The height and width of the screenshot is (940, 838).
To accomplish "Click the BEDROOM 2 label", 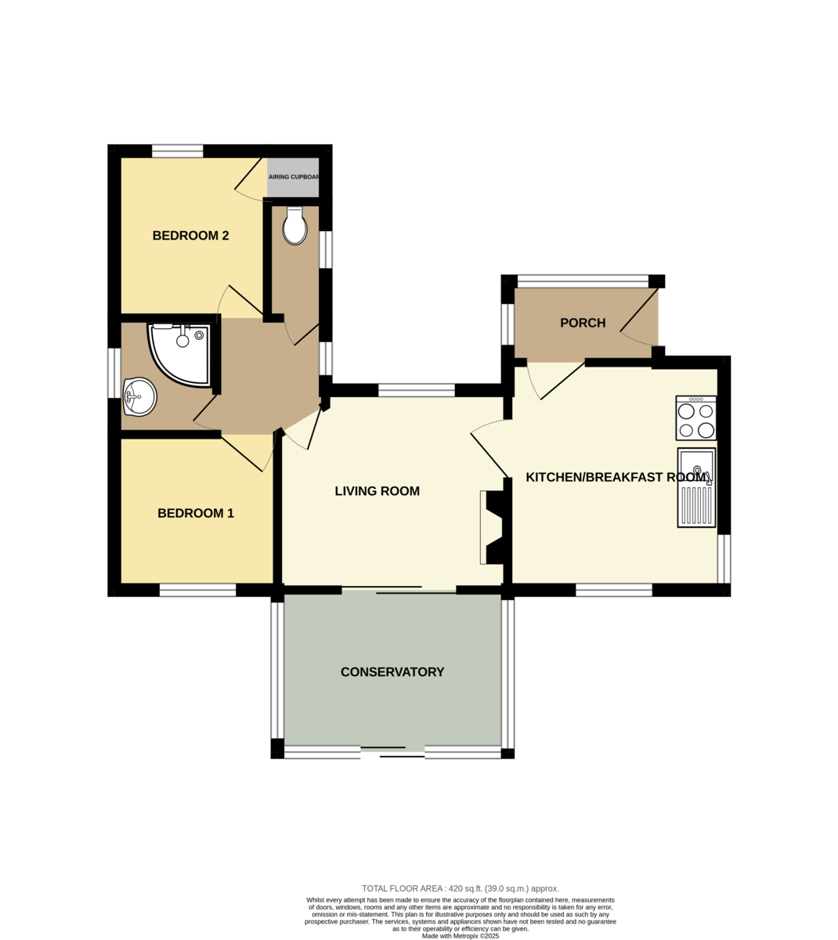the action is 190,236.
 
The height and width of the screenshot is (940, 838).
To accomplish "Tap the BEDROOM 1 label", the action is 195,513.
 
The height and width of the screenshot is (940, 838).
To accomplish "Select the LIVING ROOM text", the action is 377,491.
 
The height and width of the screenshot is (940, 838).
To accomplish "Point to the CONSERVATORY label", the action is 392,672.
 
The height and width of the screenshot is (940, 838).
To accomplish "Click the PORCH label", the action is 583,323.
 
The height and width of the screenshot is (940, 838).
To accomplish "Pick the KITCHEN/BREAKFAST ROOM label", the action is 618,477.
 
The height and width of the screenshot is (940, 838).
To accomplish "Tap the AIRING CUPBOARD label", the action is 294,177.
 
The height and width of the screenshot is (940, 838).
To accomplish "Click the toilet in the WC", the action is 294,226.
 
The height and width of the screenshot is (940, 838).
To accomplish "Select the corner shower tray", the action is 179,355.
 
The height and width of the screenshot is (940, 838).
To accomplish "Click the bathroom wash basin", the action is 139,396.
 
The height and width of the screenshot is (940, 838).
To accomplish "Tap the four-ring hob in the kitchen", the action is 695,418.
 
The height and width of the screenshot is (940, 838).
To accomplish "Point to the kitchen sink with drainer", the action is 696,487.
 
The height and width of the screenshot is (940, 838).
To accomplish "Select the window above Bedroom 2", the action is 177,151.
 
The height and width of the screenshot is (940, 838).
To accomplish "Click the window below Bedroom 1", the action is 197,590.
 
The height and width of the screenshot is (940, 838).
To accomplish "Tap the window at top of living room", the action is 416,390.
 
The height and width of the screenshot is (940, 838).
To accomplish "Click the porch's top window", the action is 583,281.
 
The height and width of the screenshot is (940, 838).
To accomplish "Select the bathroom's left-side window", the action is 114,373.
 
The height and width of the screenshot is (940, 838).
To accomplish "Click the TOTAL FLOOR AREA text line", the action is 461,888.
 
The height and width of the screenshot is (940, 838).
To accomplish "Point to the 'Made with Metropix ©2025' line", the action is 461,936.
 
